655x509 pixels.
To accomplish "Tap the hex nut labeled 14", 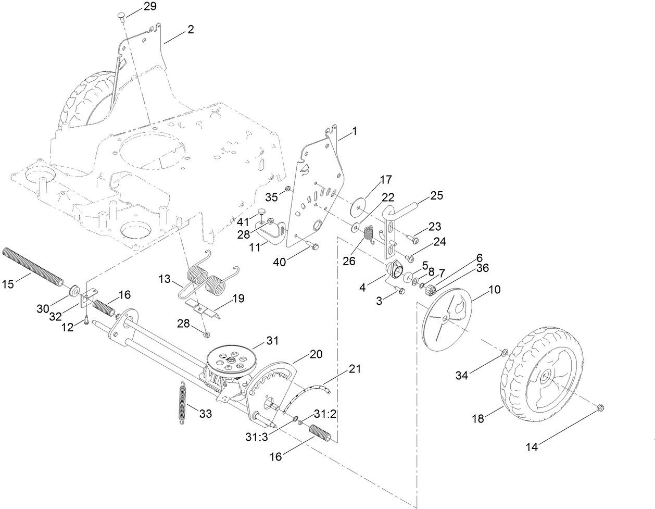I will (599, 407).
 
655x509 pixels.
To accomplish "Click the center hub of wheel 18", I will (544, 377).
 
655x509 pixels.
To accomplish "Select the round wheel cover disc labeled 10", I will (447, 318).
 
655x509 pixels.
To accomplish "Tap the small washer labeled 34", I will (504, 354).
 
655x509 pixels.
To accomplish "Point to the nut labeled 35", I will (287, 189).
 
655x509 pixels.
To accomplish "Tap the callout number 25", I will (437, 196).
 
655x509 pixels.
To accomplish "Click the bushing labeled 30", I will (74, 290).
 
